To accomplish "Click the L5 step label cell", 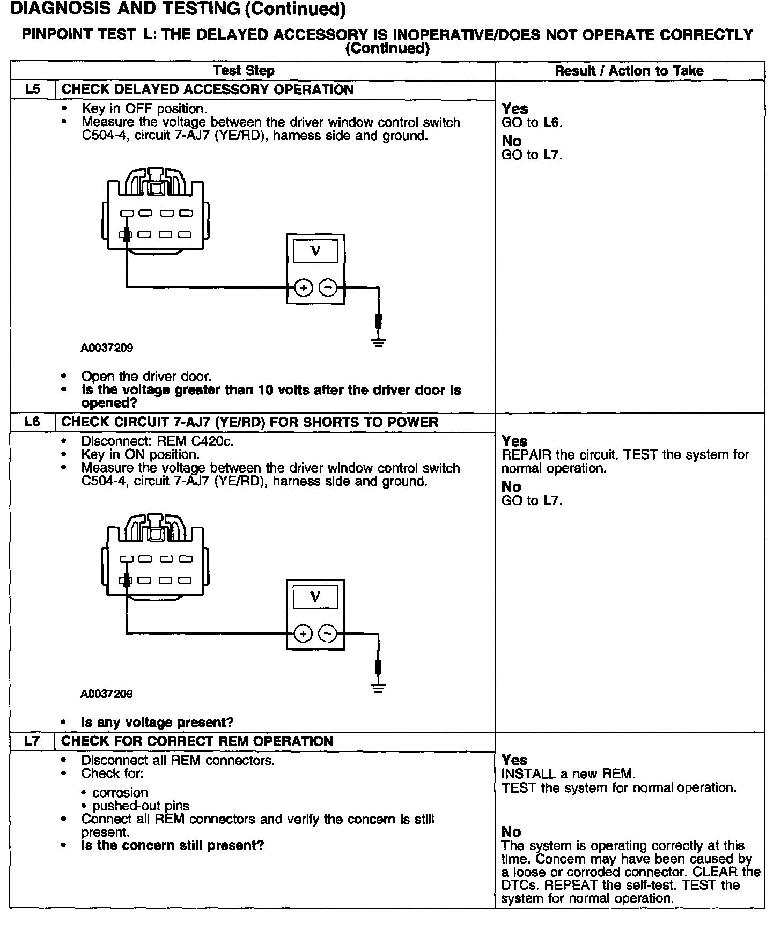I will (x=33, y=90).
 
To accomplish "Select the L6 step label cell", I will (x=33, y=422).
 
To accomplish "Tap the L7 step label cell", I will (x=33, y=741).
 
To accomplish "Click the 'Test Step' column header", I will (x=244, y=71).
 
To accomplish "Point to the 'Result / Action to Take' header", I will (x=629, y=71).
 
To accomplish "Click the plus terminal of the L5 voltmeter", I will (x=303, y=289).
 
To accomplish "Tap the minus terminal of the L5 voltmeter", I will (x=328, y=289).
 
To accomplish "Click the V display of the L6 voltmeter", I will (x=315, y=597).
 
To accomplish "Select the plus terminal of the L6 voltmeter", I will (x=303, y=634).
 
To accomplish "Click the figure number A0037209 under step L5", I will (x=107, y=348).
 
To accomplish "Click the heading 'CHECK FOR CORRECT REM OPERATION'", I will (x=197, y=741).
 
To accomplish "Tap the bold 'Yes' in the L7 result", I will (x=514, y=760).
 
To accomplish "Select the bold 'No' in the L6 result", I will (x=511, y=487).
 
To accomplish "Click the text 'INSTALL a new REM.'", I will (x=568, y=774).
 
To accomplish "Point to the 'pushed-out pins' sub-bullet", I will (x=141, y=806).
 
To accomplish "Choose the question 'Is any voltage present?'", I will (x=157, y=722).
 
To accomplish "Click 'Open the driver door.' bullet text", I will (x=146, y=377).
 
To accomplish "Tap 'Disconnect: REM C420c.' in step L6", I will (x=158, y=441).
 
